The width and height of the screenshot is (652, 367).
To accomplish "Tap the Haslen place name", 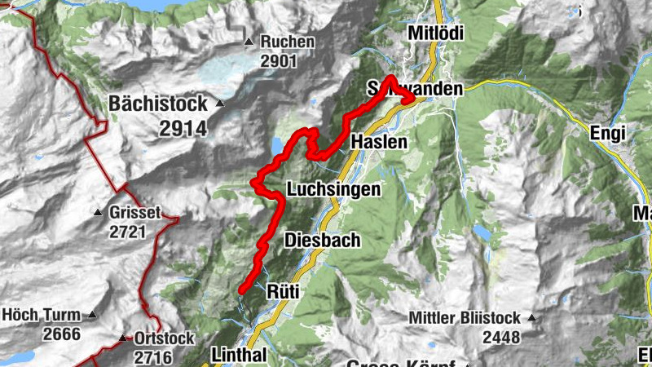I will pyautogui.click(x=378, y=142).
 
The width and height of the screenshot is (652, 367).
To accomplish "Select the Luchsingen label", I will pyautogui.click(x=333, y=190).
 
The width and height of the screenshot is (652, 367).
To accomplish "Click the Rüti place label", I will pyautogui.click(x=284, y=290).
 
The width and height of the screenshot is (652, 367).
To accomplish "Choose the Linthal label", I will pyautogui.click(x=238, y=355).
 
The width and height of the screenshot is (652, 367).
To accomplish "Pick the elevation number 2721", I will pyautogui.click(x=128, y=232).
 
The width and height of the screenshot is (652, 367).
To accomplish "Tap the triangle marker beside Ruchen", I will pyautogui.click(x=249, y=42).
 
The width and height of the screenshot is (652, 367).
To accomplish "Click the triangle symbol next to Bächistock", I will pyautogui.click(x=220, y=104).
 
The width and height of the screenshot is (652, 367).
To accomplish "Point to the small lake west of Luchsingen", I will pyautogui.click(x=279, y=146).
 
